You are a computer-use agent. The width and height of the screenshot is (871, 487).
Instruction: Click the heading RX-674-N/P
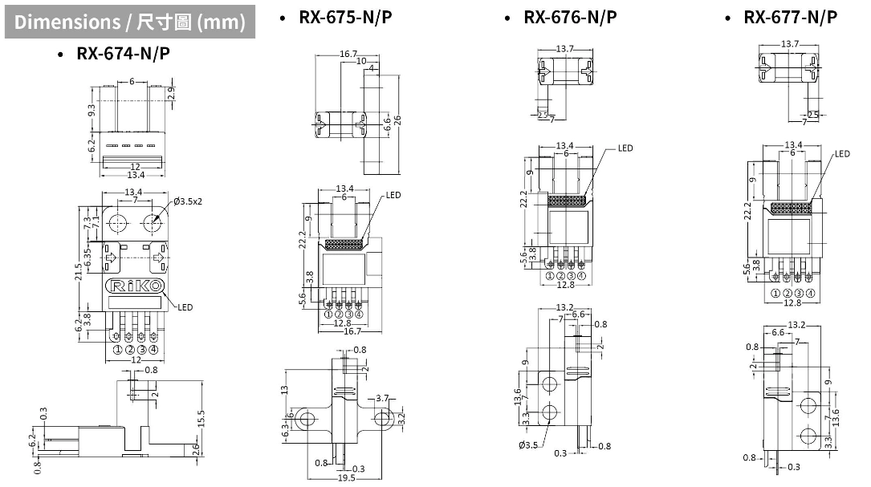pos(123,54)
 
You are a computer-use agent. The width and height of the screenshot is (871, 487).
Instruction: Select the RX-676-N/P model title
pos(570,17)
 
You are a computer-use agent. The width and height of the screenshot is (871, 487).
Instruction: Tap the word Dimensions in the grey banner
pos(67,22)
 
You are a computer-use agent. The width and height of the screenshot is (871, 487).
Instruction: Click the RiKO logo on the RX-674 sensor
pos(134,286)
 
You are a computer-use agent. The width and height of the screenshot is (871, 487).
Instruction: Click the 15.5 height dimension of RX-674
pos(201,418)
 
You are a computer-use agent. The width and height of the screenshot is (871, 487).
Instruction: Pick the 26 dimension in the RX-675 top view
pos(397,120)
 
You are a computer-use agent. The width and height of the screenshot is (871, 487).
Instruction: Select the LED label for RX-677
pos(842,154)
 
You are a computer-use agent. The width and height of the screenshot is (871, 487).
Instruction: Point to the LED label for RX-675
pos(393,195)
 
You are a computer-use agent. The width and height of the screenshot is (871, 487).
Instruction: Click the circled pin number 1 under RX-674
pos(117,349)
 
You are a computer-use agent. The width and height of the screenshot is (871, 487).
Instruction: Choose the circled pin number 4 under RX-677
pos(811,293)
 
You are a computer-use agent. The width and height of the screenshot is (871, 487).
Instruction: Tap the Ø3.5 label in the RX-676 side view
pos(528,444)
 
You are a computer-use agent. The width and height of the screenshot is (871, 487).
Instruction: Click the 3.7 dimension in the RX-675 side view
pos(382,398)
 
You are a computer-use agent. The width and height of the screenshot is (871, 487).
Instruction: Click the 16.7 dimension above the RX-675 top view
pos(348,54)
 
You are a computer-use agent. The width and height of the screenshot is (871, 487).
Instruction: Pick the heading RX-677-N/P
pos(790,17)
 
